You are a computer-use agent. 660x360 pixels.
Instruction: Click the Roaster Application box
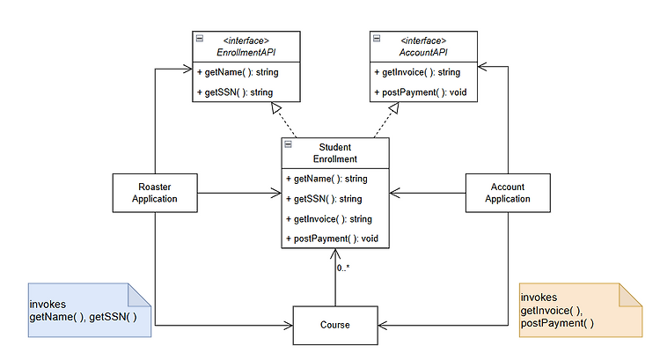click(155, 193)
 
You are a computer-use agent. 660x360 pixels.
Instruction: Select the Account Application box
click(508, 193)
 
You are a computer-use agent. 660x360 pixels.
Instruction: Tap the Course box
click(335, 325)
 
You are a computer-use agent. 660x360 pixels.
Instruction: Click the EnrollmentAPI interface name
click(246, 52)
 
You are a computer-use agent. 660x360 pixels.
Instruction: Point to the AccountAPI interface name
click(423, 52)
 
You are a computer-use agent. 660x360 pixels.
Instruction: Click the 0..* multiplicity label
click(342, 268)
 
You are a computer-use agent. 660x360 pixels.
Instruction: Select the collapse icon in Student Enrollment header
click(288, 144)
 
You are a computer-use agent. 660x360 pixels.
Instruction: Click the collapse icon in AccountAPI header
click(377, 39)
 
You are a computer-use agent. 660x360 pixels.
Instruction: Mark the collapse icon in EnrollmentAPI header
click(200, 39)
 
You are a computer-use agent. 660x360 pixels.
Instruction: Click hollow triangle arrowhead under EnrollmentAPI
click(276, 108)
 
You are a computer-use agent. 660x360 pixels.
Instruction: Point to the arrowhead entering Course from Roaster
click(289, 325)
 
